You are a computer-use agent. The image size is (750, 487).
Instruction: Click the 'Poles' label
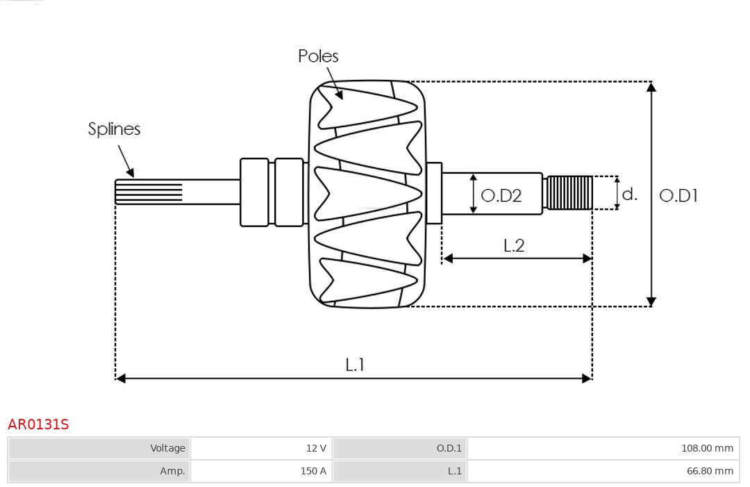318,56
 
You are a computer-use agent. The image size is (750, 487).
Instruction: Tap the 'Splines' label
114,129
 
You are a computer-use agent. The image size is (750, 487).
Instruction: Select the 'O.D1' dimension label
678,196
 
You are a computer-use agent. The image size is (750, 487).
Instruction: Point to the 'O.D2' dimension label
501,196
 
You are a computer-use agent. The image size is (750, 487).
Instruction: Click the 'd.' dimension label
629,194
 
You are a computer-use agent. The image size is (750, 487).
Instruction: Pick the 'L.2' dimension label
514,245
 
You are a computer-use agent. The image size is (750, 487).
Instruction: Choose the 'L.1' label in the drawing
355,365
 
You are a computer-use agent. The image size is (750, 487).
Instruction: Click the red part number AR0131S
38,424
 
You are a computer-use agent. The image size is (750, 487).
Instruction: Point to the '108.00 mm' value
707,448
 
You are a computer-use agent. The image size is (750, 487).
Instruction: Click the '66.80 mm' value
710,471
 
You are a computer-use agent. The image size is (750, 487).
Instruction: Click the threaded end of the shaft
569,192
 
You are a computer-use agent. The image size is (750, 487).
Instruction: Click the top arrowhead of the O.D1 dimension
651,87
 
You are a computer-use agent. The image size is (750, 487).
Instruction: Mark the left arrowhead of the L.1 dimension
121,378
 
